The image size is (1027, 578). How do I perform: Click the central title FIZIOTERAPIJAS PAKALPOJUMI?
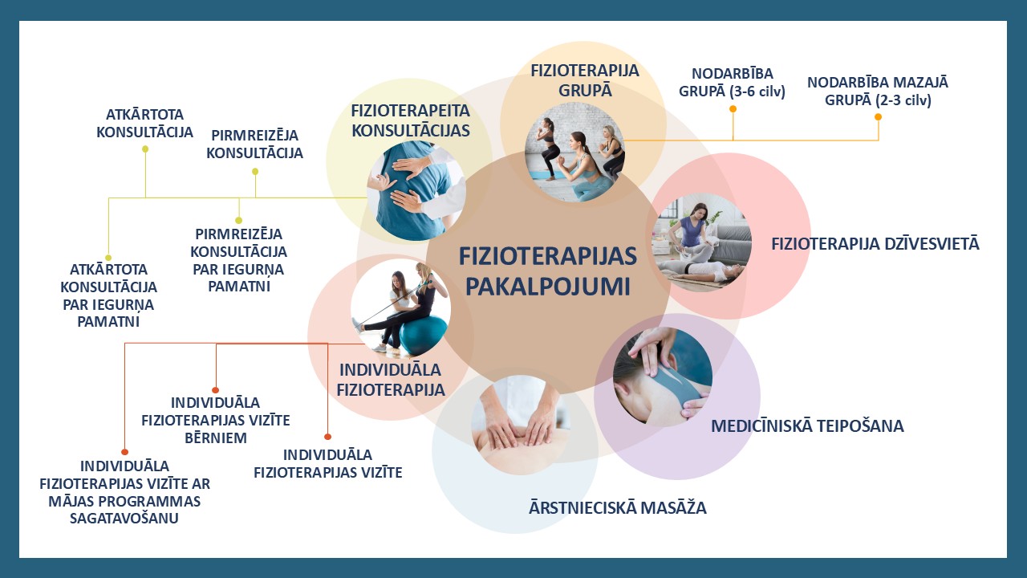[548, 271]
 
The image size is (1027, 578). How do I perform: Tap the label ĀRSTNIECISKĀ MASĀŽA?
[618, 508]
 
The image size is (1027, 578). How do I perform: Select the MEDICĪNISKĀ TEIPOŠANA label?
[807, 426]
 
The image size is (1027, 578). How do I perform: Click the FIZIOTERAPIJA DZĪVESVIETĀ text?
[875, 243]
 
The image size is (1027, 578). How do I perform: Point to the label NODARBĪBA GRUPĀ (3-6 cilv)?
[733, 83]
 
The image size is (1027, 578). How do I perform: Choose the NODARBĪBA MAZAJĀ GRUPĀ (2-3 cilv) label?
[878, 92]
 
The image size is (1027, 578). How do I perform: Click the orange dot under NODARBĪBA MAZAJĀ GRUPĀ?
[878, 117]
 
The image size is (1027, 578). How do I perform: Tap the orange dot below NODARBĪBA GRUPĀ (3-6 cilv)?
[733, 108]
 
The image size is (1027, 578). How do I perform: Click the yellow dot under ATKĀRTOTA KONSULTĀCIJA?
[145, 149]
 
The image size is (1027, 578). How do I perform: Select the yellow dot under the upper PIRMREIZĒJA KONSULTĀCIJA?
[255, 172]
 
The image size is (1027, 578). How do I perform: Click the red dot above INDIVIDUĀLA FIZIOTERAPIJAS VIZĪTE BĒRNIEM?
[216, 390]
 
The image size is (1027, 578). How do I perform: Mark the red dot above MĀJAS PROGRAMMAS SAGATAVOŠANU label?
[124, 452]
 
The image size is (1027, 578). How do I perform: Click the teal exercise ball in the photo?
[422, 334]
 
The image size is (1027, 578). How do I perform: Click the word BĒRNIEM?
[216, 438]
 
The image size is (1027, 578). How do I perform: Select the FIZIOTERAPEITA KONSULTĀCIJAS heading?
[410, 120]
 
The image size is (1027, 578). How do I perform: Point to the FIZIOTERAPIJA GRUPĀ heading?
[585, 80]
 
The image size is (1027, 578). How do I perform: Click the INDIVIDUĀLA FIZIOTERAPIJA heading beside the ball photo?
[391, 380]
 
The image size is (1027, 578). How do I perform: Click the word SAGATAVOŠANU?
[124, 519]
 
